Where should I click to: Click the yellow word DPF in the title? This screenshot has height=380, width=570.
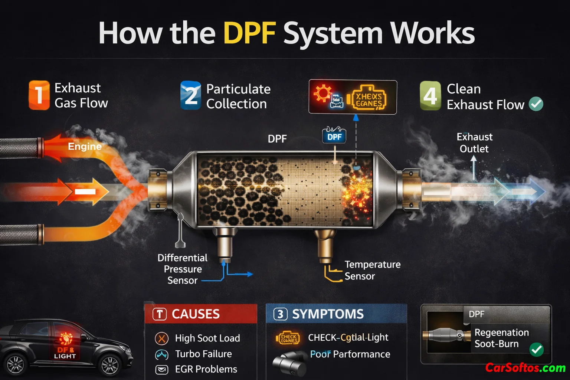coord(249,33)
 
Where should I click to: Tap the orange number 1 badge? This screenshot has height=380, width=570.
coord(39,95)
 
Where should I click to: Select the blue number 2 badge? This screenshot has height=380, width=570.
coord(191,95)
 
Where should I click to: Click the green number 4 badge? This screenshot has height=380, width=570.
coord(430,96)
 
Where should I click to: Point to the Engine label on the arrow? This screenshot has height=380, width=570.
coord(85,147)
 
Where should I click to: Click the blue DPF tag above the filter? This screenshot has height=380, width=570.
coord(334,137)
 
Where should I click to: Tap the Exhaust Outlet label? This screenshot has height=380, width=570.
coord(474,143)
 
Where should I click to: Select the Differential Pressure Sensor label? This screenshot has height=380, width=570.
coord(182,269)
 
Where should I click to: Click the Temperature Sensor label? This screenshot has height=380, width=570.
coord(372,270)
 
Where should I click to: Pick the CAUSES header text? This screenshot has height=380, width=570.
coord(196,314)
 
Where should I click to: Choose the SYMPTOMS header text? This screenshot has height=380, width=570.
coord(328,314)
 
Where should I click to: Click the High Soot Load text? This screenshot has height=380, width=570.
coord(207,338)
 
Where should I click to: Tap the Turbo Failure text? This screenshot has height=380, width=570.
coord(203,354)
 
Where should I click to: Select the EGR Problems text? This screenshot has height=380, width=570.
coord(206,369)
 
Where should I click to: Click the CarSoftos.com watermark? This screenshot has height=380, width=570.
coord(525,368)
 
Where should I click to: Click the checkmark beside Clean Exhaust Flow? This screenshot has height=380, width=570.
coord(536,104)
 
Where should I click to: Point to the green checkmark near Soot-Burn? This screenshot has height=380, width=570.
coord(536,349)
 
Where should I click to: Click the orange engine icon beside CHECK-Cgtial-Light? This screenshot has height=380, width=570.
coord(288,338)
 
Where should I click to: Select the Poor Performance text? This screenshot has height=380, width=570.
coord(350,354)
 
